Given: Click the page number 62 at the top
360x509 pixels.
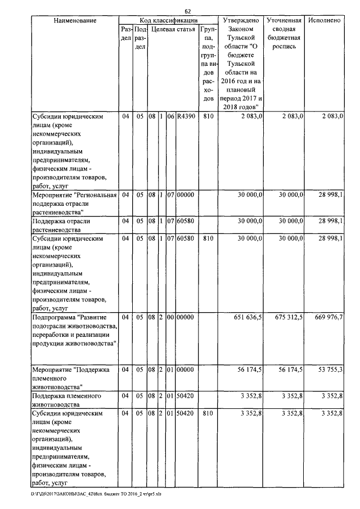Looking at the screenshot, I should [x=188, y=12].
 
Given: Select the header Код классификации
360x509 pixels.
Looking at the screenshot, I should [x=168, y=20].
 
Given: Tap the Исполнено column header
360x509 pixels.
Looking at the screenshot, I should [x=325, y=20].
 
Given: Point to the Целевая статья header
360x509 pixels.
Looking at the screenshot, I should [x=173, y=29].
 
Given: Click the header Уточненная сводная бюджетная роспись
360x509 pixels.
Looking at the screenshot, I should [x=285, y=34].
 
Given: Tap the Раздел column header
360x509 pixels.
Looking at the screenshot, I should [x=125, y=33].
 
